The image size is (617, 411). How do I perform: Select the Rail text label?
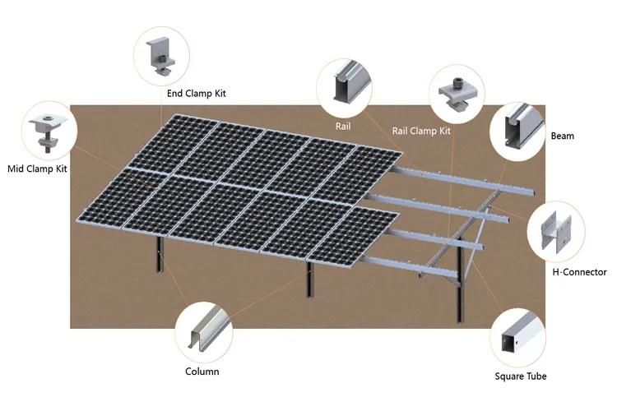point(343,127)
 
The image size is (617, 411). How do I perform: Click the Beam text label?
point(563,136)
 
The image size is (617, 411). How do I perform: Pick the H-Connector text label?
point(578,272)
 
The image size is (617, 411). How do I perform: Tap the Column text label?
point(202,372)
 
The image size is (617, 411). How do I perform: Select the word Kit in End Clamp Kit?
point(218,94)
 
